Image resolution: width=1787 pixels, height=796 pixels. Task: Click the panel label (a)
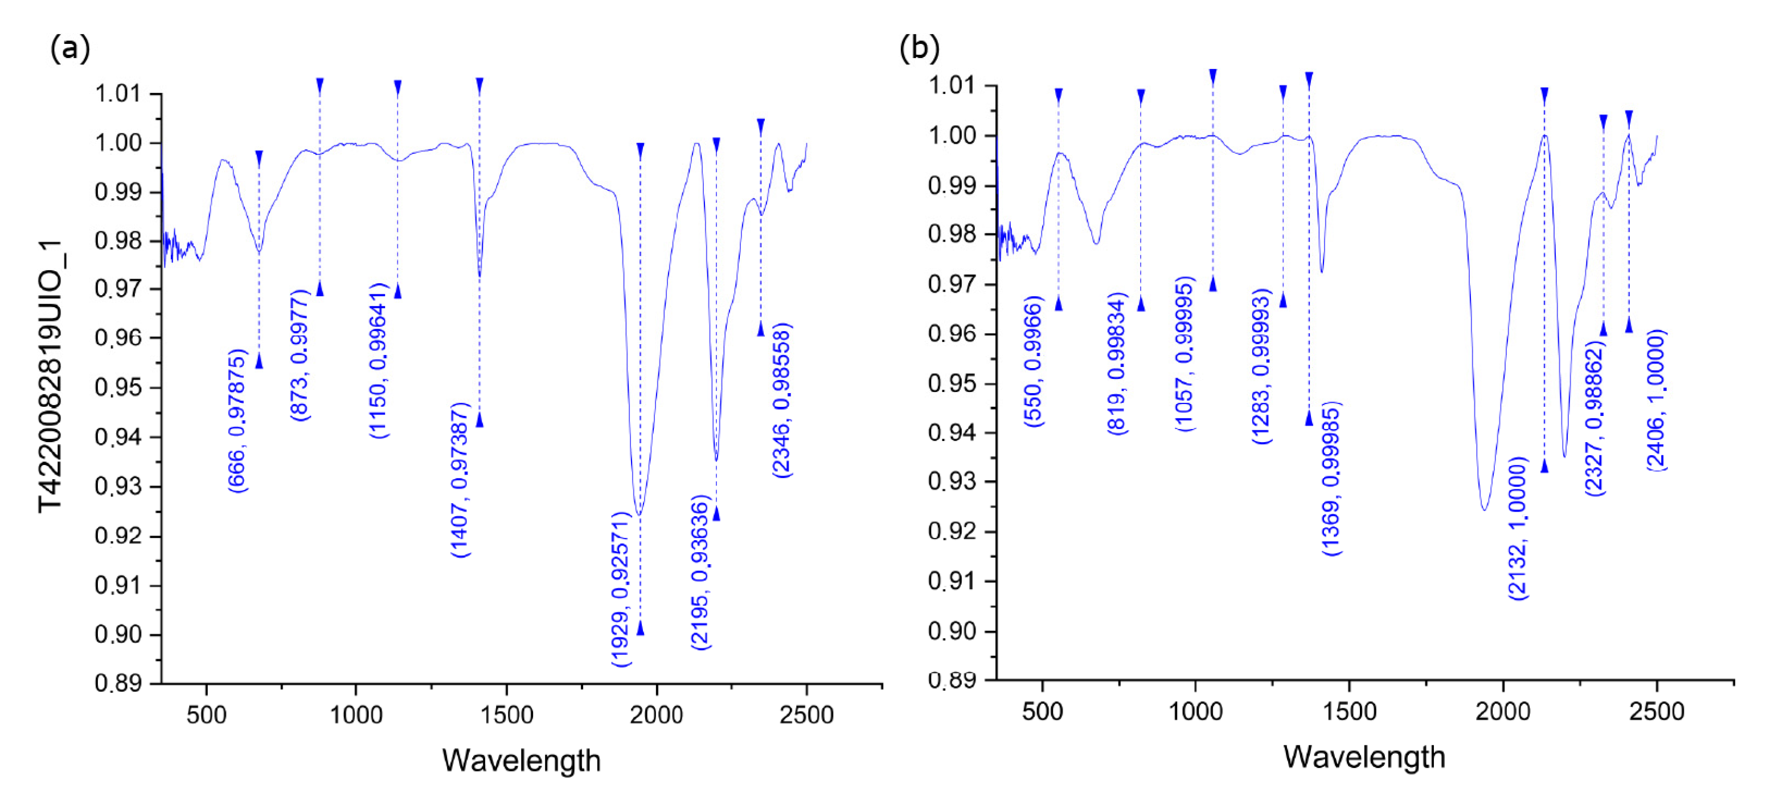(70, 49)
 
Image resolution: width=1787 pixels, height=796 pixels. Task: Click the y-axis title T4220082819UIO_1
(51, 377)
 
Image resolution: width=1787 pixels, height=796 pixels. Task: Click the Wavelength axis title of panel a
(521, 761)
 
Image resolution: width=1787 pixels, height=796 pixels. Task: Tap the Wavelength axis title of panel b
(1364, 757)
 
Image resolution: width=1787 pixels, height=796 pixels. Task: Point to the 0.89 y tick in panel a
(118, 684)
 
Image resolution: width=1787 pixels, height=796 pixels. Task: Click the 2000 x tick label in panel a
(656, 715)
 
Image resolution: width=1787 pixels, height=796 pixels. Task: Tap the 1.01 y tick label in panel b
(952, 86)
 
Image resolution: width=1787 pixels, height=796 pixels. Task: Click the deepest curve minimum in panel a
(639, 515)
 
